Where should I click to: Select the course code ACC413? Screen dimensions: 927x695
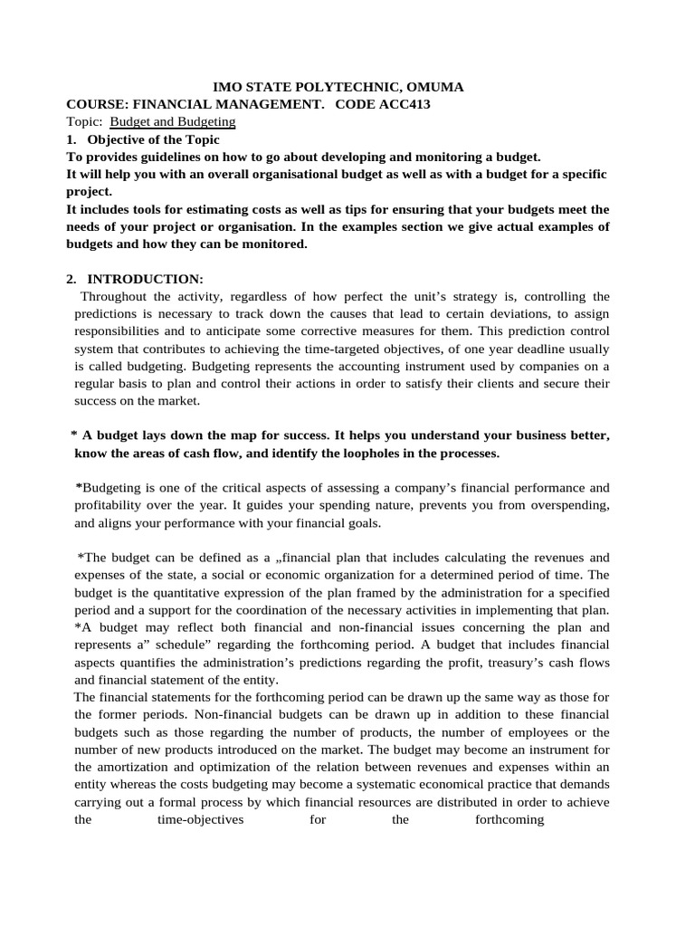(x=405, y=104)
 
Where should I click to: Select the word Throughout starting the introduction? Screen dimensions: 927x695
(x=113, y=296)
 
